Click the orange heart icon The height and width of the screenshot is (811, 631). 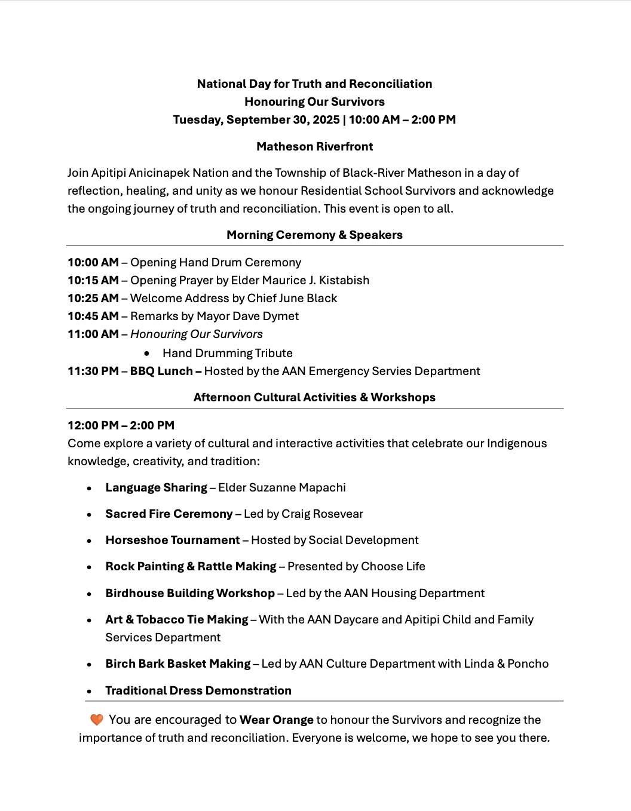coord(96,720)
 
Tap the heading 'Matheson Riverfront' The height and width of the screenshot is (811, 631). coord(315,146)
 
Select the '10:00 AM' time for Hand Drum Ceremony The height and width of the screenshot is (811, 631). coord(93,262)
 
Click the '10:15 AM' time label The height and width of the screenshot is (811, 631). coord(93,280)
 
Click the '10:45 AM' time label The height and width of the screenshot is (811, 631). coord(93,316)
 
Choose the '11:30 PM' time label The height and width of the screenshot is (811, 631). coord(93,371)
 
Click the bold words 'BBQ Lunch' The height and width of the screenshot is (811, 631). coord(161,371)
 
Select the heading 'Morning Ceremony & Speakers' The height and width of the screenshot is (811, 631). coord(315,235)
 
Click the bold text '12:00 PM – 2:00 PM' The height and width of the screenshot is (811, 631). coord(121,425)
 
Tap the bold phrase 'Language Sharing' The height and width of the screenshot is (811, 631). coord(156,487)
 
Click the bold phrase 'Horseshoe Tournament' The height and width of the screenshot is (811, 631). coord(173,540)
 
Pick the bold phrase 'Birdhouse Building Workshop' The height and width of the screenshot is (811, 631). coord(190,593)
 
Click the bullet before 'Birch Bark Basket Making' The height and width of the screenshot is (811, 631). coord(89,664)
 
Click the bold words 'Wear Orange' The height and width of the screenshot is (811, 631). coord(277,720)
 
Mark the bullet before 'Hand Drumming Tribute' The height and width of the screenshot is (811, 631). coord(146,354)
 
